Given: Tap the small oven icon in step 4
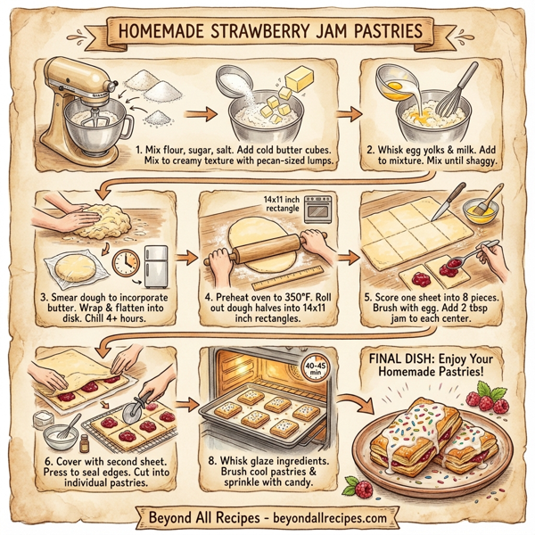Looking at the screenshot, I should click(x=317, y=209).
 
